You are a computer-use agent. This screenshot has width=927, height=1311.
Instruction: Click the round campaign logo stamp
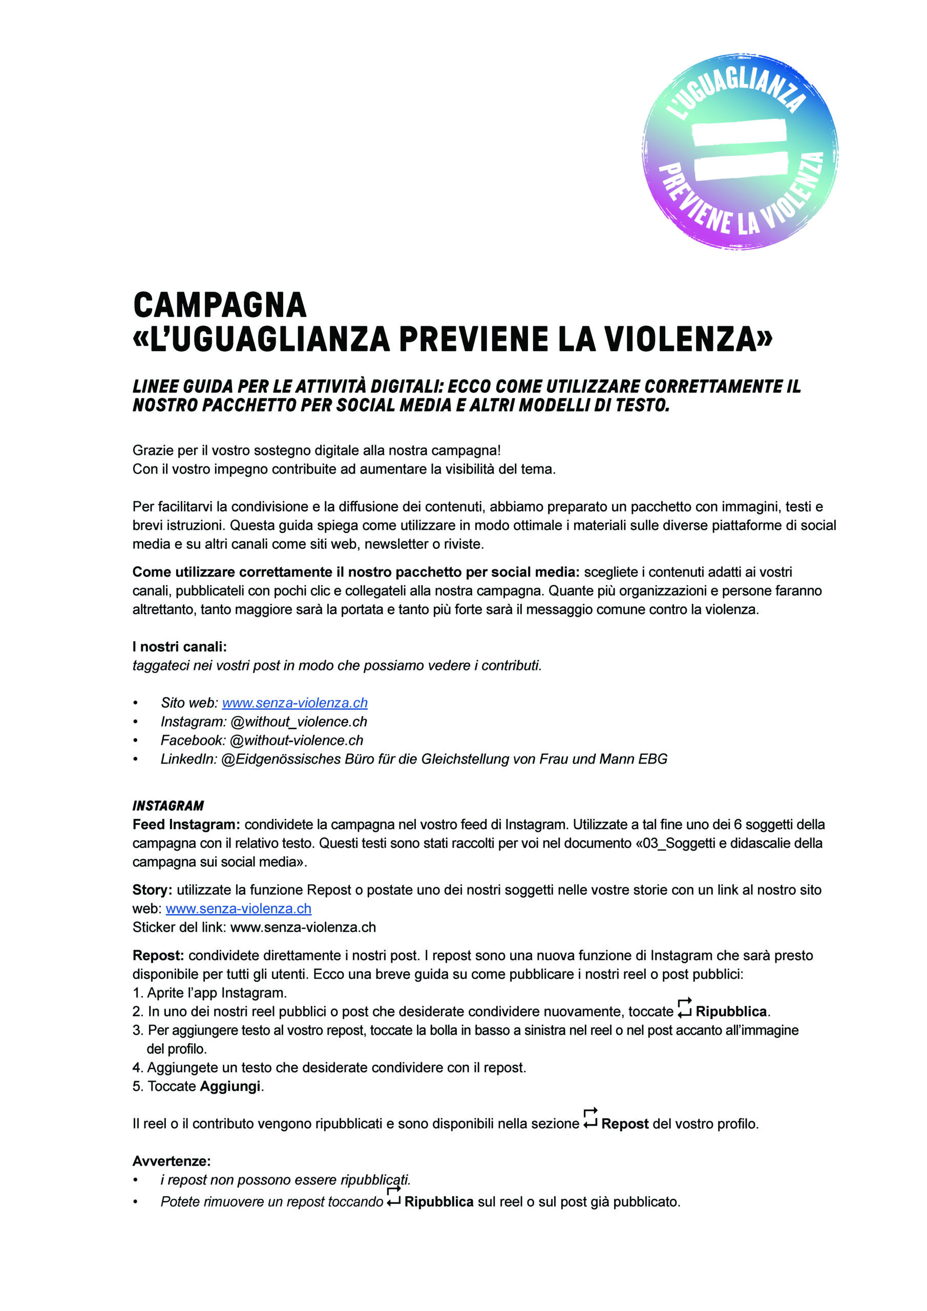[x=740, y=153]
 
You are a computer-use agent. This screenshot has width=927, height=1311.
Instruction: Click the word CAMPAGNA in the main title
[x=220, y=306]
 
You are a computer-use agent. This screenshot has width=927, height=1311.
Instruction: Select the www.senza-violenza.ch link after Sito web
[x=294, y=703]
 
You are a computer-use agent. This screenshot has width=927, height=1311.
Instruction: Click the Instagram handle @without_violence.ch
[x=299, y=722]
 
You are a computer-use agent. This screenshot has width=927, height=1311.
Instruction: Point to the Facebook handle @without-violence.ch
[x=297, y=741]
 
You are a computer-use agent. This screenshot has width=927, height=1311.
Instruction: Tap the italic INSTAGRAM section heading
[x=168, y=806]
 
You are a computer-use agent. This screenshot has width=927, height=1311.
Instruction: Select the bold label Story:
[x=152, y=890]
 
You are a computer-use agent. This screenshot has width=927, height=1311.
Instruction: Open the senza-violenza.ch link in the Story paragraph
[x=238, y=909]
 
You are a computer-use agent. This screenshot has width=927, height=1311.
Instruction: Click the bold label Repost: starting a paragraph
[x=158, y=956]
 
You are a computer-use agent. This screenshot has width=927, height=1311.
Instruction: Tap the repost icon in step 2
[x=684, y=1008]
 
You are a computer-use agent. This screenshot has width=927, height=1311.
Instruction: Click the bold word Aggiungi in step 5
[x=230, y=1087]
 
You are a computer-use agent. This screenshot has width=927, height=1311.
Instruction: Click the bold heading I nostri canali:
[x=179, y=647]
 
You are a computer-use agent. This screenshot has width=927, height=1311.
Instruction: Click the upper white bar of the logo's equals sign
[x=739, y=132]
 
